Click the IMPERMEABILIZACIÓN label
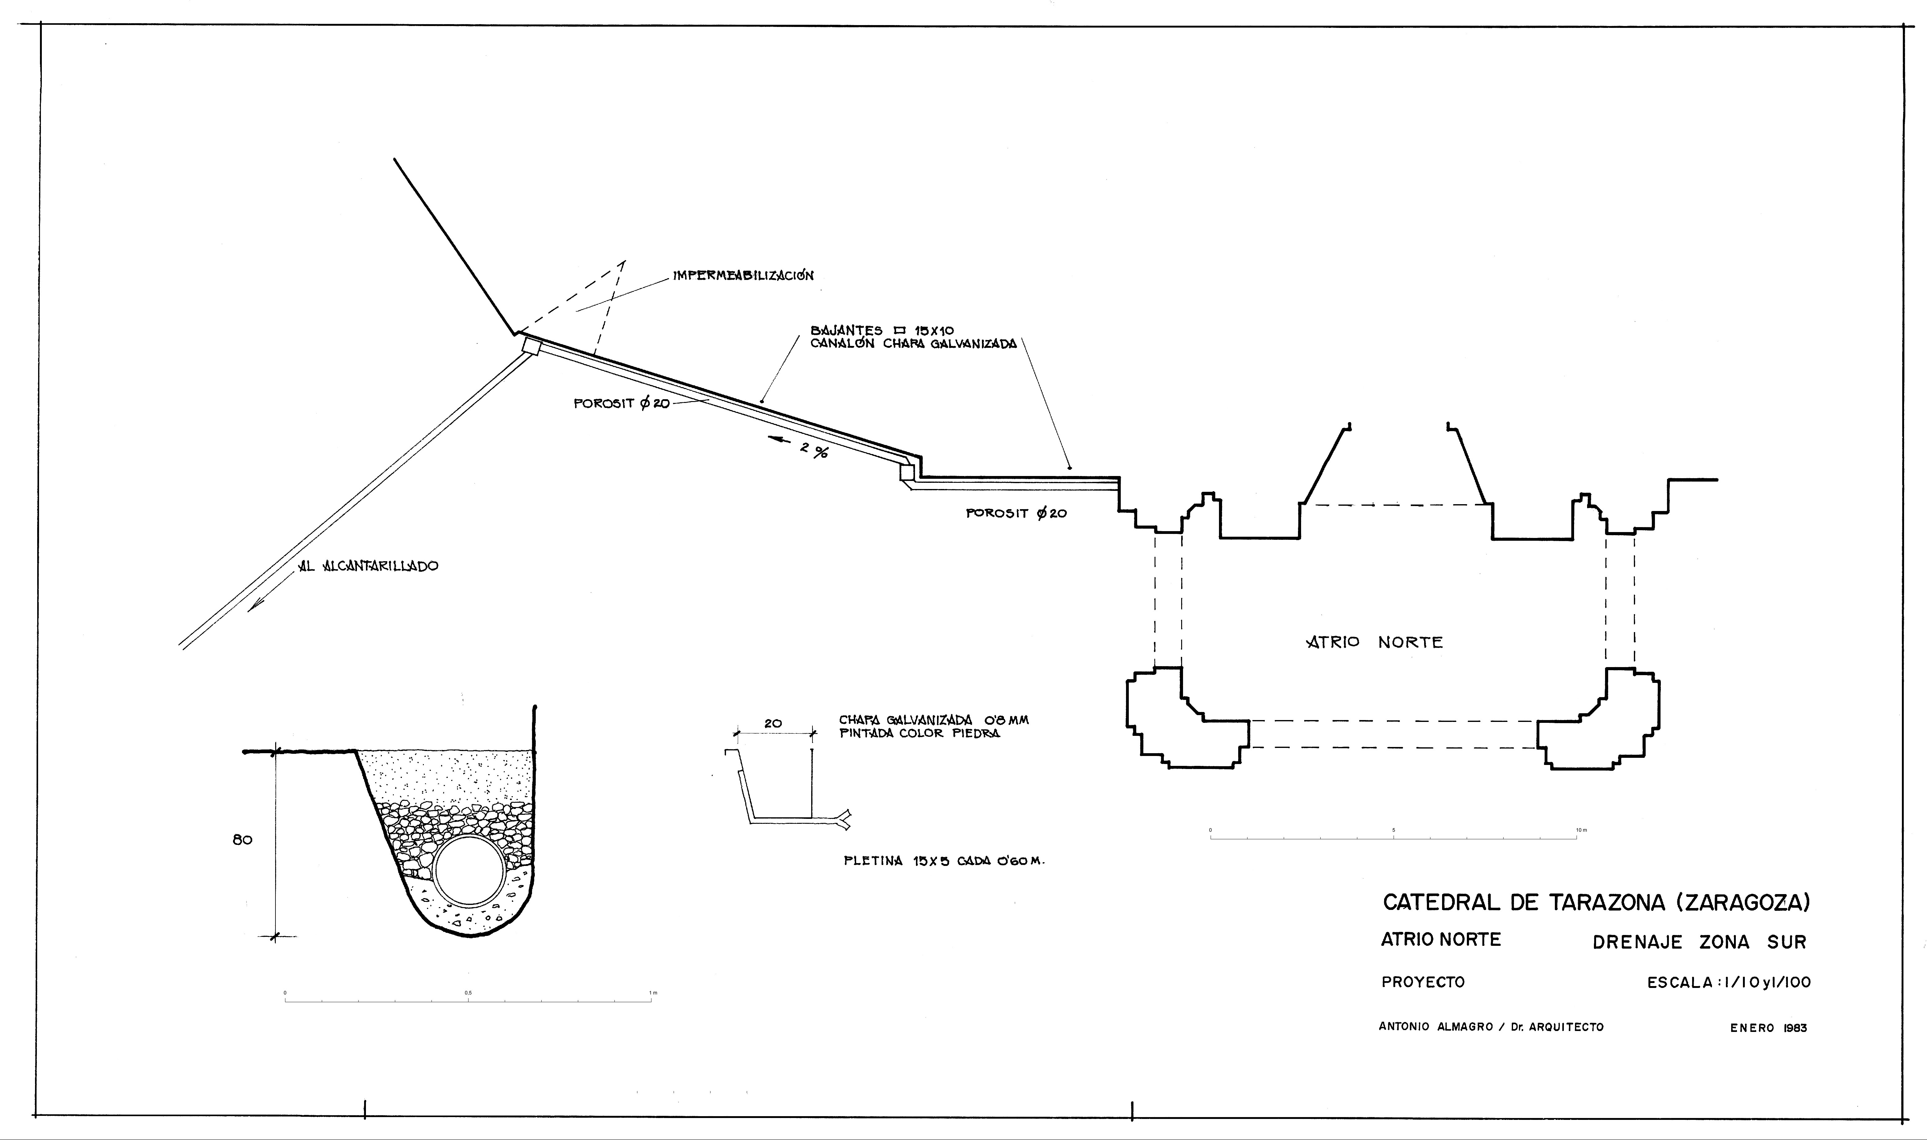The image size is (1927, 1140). click(743, 275)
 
